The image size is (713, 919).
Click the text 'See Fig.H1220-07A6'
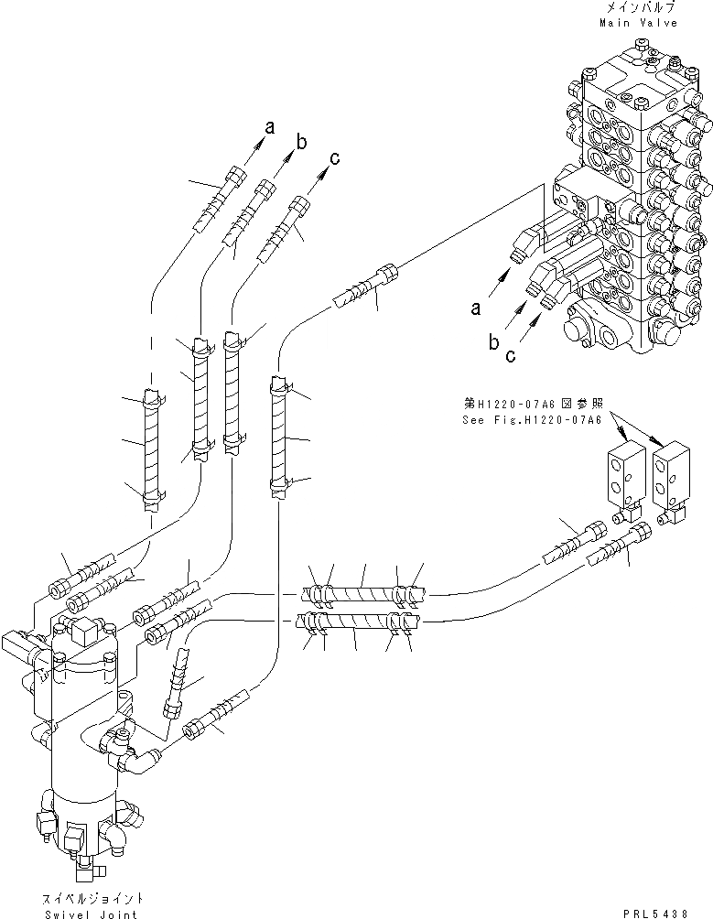click(x=537, y=420)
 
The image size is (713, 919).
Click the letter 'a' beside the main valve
click(x=476, y=308)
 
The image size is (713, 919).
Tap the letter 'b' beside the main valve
click(x=493, y=343)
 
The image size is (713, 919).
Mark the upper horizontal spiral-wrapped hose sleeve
click(x=362, y=593)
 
